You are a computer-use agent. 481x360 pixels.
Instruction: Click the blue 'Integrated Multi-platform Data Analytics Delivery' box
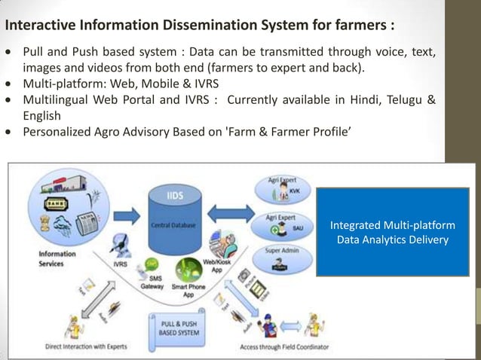(x=392, y=232)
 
